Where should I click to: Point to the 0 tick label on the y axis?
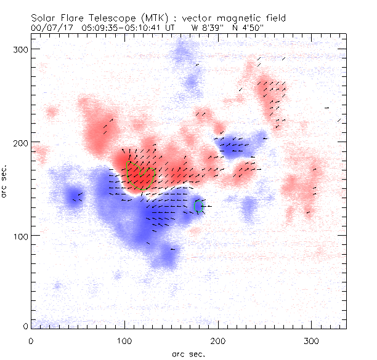(x=25, y=326)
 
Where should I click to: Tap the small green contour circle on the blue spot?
(x=199, y=206)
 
